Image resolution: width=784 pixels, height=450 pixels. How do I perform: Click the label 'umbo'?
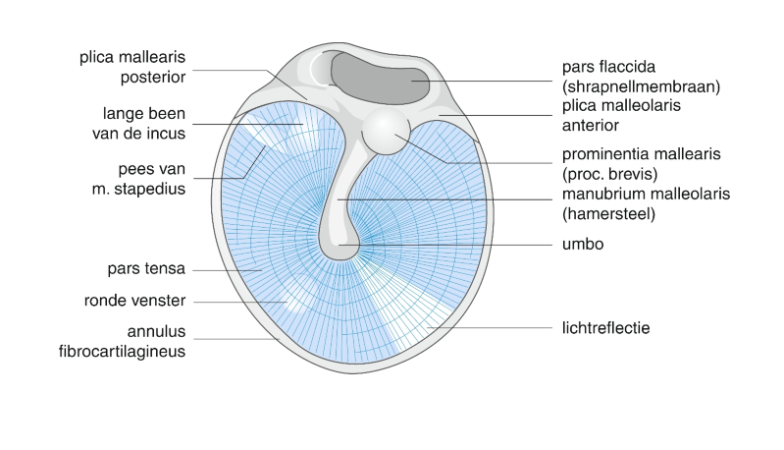tap(582, 244)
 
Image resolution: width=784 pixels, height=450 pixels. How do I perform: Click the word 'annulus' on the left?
tap(157, 330)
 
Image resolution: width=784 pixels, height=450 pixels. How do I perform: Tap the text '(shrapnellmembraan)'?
tap(642, 86)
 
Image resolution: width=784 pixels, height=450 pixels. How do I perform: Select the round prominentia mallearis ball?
tap(384, 131)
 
